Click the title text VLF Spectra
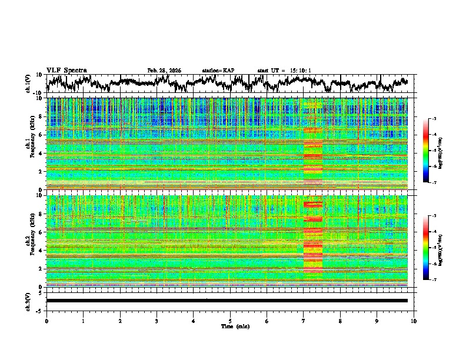click(x=66, y=70)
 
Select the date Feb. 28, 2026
click(x=164, y=71)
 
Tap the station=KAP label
click(x=218, y=71)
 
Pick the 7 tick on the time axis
click(x=304, y=321)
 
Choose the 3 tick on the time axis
click(x=157, y=321)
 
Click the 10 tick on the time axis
click(x=414, y=321)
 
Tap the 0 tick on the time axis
click(x=46, y=321)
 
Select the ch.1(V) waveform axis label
click(x=28, y=84)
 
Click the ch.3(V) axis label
click(x=28, y=301)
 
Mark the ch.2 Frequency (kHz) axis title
click(x=28, y=240)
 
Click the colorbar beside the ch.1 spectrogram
click(x=426, y=151)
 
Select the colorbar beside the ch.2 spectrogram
click(x=426, y=248)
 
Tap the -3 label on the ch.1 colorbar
click(x=434, y=119)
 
